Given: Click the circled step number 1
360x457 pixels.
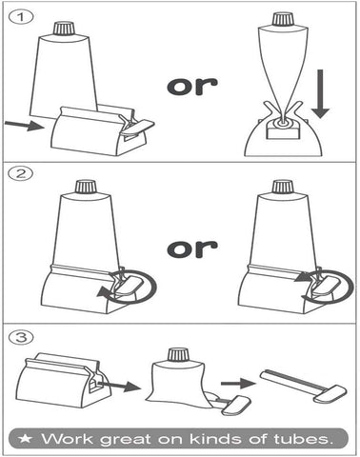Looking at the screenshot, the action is pyautogui.click(x=21, y=17).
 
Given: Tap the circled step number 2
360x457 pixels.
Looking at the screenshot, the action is pyautogui.click(x=21, y=173).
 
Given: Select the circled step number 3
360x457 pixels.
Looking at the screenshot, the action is pyautogui.click(x=21, y=337).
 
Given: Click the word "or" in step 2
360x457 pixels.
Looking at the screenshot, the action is pyautogui.click(x=192, y=248).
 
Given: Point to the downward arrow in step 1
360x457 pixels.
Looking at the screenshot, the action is pyautogui.click(x=320, y=94).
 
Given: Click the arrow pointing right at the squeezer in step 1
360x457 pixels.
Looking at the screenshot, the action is pyautogui.click(x=24, y=125).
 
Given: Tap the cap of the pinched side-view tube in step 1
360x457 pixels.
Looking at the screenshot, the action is pyautogui.click(x=281, y=19).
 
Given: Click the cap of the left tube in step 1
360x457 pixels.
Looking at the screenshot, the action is pyautogui.click(x=65, y=29).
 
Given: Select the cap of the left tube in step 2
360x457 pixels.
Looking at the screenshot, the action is pyautogui.click(x=86, y=187).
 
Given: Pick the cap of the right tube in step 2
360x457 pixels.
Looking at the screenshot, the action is pyautogui.click(x=282, y=187).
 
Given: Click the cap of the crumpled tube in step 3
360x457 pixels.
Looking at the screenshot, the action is pyautogui.click(x=178, y=355).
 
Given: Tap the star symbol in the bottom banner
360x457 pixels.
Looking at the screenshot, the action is pyautogui.click(x=25, y=439).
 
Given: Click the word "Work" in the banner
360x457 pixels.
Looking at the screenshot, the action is pyautogui.click(x=68, y=439).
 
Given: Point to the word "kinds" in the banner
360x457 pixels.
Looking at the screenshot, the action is pyautogui.click(x=216, y=439).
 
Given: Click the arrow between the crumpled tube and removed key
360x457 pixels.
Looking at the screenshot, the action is pyautogui.click(x=238, y=384).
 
